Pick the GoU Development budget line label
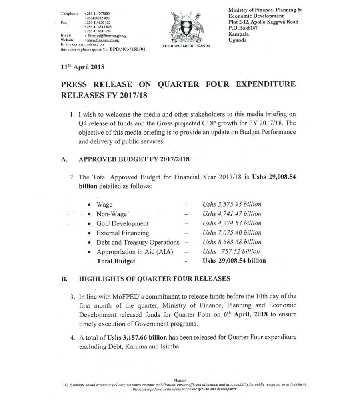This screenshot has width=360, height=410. [122, 223]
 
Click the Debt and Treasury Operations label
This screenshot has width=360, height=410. [138, 242]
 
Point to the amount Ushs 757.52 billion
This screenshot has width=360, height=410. [231, 251]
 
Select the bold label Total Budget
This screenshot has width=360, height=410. [116, 261]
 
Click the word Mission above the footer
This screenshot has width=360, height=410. [180, 380]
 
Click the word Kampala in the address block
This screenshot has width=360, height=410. [240, 34]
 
